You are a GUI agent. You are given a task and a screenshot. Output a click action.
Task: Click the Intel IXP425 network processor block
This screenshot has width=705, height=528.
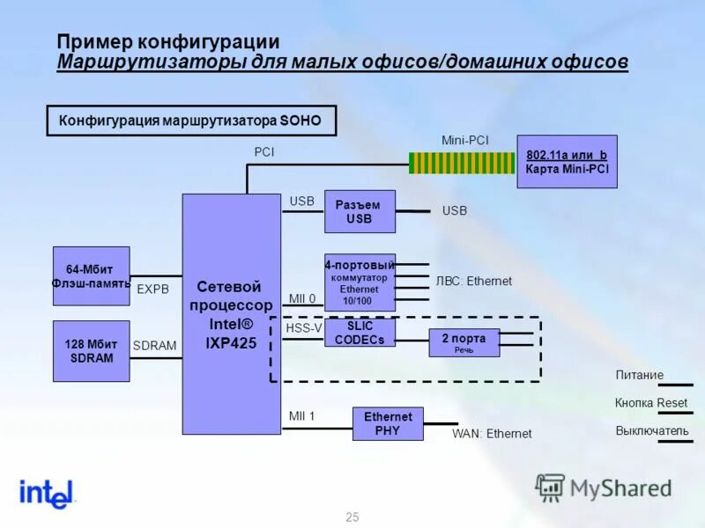click(x=231, y=314)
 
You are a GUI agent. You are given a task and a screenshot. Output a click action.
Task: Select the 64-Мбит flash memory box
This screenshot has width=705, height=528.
click(x=91, y=275)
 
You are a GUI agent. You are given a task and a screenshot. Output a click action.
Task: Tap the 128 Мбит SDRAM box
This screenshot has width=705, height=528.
click(x=91, y=351)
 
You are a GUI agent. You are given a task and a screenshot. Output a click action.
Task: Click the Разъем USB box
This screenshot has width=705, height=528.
click(x=360, y=211)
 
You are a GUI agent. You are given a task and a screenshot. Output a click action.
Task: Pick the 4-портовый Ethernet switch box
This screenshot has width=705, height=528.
click(x=360, y=282)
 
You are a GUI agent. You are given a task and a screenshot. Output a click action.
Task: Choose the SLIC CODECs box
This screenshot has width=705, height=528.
click(x=360, y=333)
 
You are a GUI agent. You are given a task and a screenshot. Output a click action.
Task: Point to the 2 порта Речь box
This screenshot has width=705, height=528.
click(x=464, y=342)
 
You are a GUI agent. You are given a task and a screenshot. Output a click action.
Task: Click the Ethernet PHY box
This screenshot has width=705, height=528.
click(x=387, y=423)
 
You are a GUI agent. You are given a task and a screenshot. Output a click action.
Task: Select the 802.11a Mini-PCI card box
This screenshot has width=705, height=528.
click(x=567, y=161)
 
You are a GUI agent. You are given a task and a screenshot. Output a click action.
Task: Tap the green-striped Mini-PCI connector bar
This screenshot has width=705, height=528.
click(x=461, y=163)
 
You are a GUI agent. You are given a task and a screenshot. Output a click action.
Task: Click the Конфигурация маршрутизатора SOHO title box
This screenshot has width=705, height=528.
click(x=190, y=121)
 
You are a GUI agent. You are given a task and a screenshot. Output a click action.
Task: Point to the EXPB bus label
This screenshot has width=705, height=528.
click(x=152, y=288)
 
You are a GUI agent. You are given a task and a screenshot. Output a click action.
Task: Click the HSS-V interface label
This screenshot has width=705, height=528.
click(x=304, y=328)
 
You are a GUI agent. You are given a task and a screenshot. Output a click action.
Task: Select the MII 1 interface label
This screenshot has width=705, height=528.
click(x=301, y=415)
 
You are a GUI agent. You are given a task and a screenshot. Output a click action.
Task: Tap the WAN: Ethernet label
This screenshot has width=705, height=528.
click(x=492, y=433)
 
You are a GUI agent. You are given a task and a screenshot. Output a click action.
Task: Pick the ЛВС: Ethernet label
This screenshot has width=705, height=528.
click(x=473, y=282)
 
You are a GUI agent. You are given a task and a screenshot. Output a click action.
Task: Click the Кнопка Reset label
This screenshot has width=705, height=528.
click(x=650, y=403)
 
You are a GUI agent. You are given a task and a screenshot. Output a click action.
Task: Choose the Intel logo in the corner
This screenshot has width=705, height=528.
click(x=48, y=494)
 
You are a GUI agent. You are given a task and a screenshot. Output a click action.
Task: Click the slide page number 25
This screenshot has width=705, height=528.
click(x=352, y=517)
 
